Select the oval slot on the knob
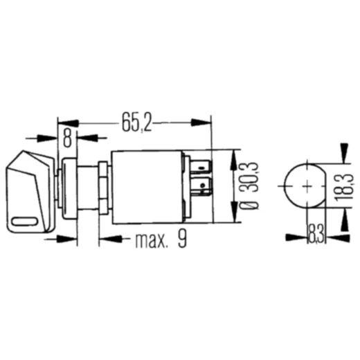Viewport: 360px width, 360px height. click(24, 221)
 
